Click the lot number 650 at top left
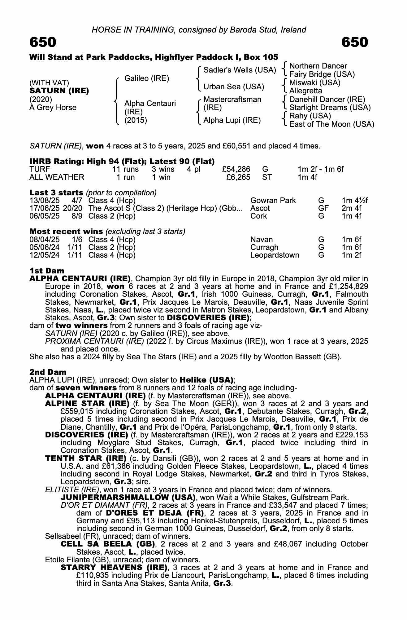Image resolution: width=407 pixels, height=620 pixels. click(x=43, y=42)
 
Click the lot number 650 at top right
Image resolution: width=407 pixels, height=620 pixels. click(x=355, y=42)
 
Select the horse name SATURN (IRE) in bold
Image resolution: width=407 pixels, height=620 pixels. click(x=59, y=91)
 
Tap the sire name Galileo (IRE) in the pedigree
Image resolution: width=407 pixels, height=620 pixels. click(x=147, y=78)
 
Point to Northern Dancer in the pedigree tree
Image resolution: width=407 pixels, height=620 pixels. click(x=318, y=66)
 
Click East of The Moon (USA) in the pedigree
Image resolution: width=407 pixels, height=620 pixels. click(x=331, y=124)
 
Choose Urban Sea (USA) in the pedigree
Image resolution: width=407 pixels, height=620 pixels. click(x=234, y=87)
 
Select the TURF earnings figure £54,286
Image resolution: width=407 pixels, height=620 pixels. click(x=236, y=169)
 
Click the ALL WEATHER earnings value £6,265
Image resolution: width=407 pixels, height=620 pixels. click(x=238, y=177)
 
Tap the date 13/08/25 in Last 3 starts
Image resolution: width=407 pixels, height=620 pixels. click(x=44, y=201)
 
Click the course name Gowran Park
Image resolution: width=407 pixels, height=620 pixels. click(x=273, y=201)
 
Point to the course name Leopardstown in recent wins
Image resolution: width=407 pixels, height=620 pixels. click(x=275, y=255)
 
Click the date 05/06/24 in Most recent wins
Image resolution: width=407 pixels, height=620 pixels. click(x=44, y=247)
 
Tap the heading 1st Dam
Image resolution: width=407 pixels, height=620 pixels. click(x=47, y=271)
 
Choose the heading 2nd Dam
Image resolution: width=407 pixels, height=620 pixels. click(x=48, y=372)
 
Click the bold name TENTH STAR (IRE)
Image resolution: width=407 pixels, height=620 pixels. click(x=86, y=458)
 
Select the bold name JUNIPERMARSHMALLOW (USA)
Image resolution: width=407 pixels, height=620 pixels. click(x=128, y=498)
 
